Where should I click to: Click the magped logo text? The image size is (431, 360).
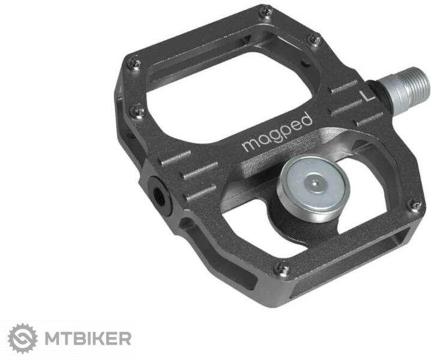277,132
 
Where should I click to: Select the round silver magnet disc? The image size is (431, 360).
314,187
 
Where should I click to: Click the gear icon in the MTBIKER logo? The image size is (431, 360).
23,338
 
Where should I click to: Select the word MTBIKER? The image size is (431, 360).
88,338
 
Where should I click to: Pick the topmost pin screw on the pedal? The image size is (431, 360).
265,11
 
